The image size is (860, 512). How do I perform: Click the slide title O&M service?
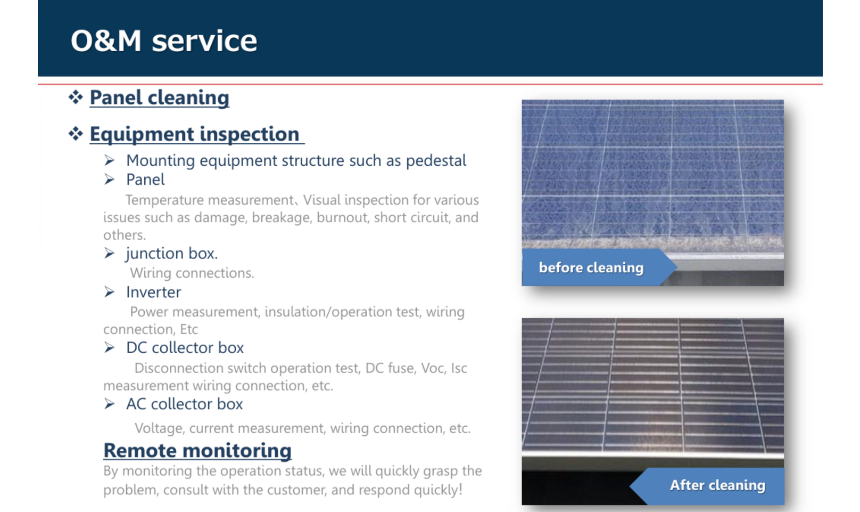[x=164, y=40]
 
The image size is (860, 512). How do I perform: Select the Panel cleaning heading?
[x=159, y=97]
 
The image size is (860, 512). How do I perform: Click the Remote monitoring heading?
[x=197, y=451]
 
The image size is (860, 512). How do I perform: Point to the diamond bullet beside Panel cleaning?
[x=76, y=97]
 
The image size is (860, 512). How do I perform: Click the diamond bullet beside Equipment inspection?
[x=76, y=133]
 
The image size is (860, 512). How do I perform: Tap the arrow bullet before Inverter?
[x=110, y=292]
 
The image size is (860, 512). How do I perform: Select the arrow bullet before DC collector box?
[x=110, y=347]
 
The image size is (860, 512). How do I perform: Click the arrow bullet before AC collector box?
[x=110, y=404]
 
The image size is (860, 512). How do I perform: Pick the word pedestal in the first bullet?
[x=436, y=161]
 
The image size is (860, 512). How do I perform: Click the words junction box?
[x=171, y=254]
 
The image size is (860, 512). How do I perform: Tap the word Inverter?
[x=154, y=292]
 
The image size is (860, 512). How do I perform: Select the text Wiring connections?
[x=192, y=273]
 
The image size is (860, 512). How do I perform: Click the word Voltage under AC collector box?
[x=158, y=428]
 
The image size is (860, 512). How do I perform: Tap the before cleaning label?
[x=591, y=267]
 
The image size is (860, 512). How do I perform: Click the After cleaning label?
[x=717, y=485]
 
